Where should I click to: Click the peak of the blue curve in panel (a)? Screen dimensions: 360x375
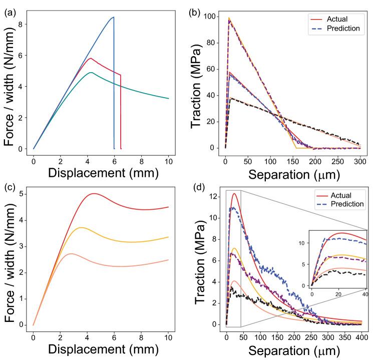[x=114, y=17]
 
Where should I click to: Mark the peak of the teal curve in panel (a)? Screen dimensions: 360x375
[x=91, y=73]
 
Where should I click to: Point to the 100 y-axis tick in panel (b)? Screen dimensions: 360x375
[x=212, y=17]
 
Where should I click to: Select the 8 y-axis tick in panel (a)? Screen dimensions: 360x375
[x=21, y=24]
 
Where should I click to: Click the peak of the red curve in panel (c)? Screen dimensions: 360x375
[x=94, y=193]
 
